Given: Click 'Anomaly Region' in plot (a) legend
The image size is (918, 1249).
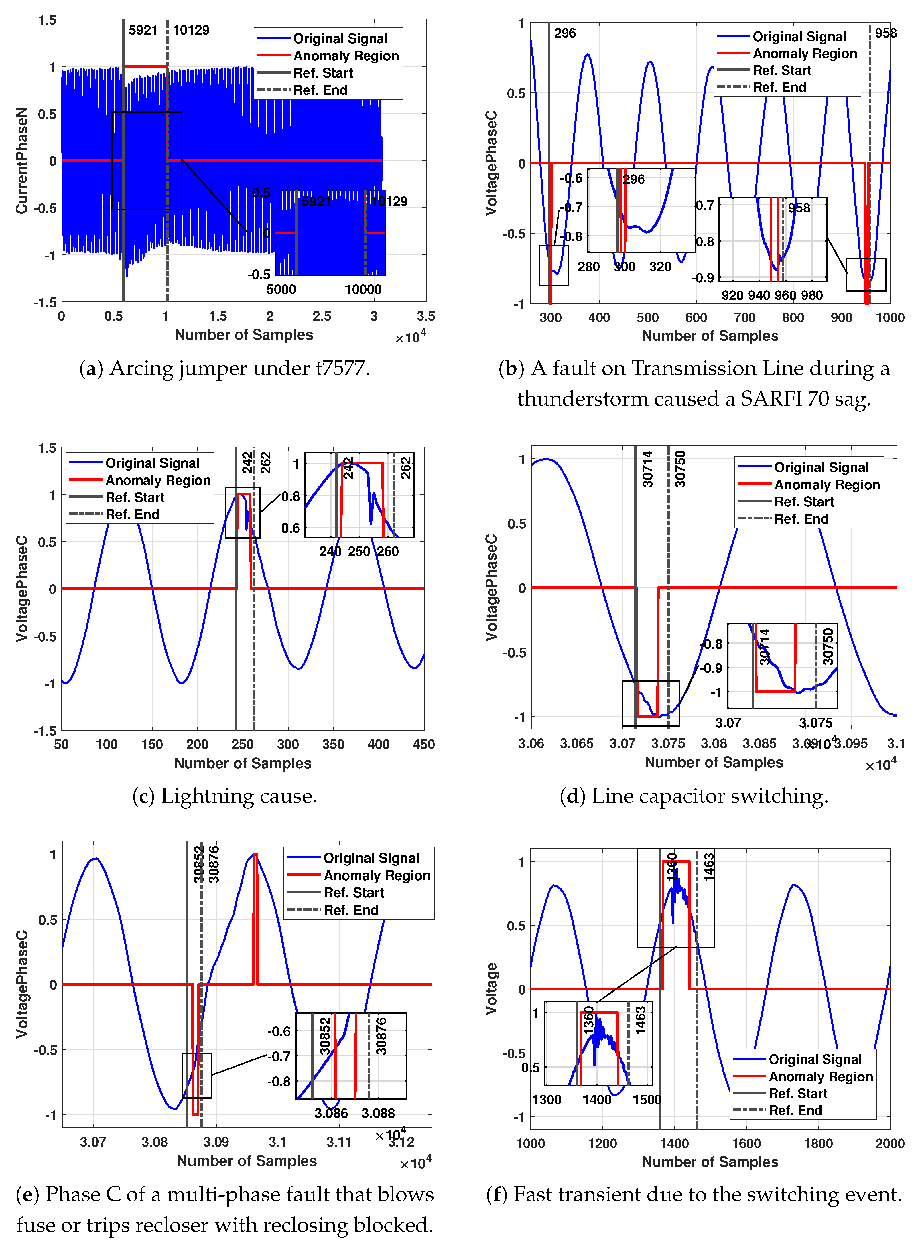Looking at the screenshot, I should pyautogui.click(x=346, y=56).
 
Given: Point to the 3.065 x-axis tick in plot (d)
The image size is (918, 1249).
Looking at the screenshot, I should pyautogui.click(x=576, y=743).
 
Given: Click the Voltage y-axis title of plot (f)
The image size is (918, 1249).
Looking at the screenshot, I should pyautogui.click(x=491, y=990).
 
